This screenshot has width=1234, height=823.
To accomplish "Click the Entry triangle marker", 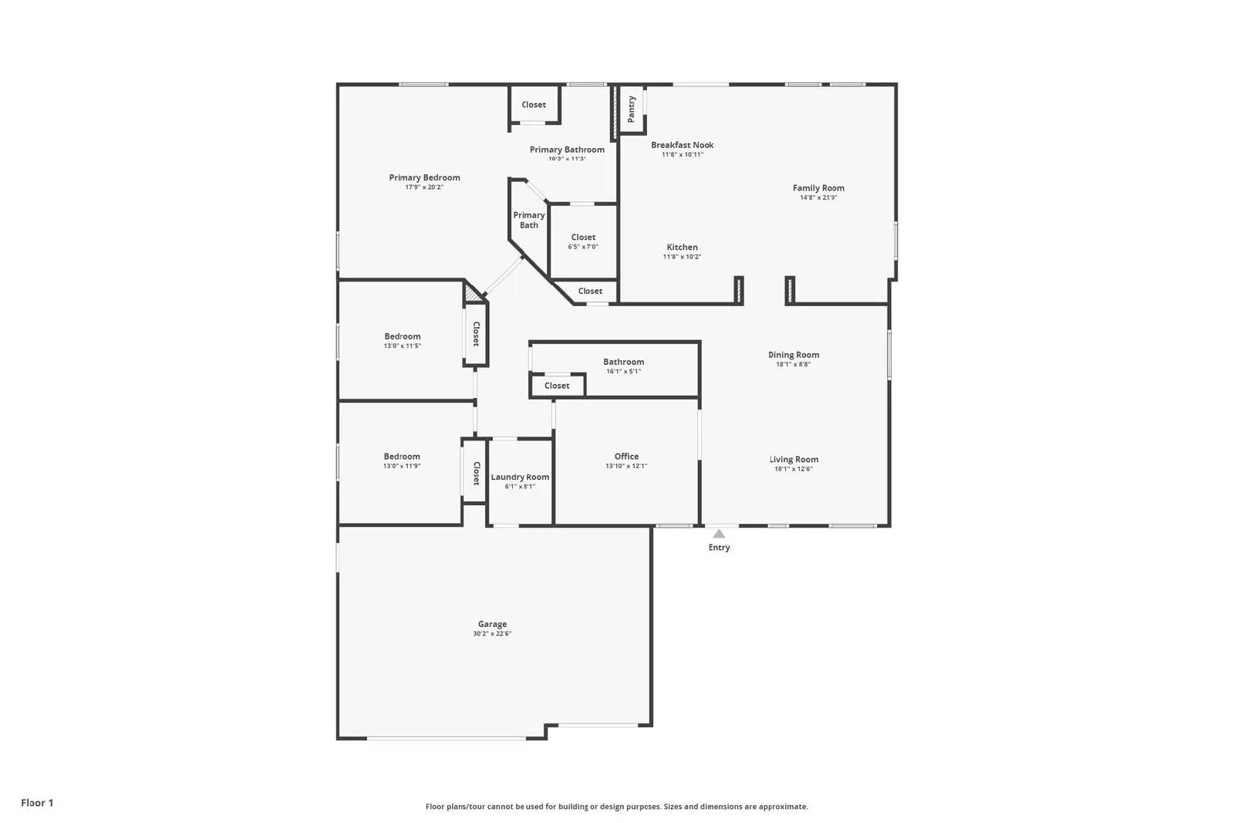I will (x=719, y=534).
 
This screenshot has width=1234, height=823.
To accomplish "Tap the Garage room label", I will (x=492, y=624).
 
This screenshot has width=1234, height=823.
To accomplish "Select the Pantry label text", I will (x=632, y=109).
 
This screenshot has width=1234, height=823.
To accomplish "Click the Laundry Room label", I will (x=520, y=477).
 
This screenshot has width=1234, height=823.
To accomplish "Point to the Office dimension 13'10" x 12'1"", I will (x=626, y=466).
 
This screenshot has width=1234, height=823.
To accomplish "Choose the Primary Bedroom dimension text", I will (x=424, y=187).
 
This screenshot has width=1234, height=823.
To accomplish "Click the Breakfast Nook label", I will (x=682, y=145).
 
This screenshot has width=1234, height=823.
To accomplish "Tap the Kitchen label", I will (x=682, y=248).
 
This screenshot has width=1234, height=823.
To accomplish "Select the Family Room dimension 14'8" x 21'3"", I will (x=818, y=197).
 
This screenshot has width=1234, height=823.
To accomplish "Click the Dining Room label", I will (x=793, y=355).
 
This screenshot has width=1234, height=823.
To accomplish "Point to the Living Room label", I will (x=793, y=459).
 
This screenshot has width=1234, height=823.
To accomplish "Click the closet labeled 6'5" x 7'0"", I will (x=583, y=238).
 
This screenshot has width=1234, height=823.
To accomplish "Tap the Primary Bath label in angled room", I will (x=529, y=220).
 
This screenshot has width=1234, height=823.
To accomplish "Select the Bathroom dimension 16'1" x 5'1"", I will (x=623, y=372).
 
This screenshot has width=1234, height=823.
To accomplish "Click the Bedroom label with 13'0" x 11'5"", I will (x=403, y=336).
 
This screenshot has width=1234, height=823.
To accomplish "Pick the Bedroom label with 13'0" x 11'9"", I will (x=402, y=457).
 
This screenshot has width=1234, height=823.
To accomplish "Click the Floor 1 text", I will (x=37, y=803).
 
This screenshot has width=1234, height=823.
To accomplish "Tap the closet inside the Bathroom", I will (x=557, y=386).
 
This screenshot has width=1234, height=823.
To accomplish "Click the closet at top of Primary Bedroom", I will (x=534, y=105).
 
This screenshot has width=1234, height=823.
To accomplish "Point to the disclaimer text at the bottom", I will (x=616, y=807).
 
